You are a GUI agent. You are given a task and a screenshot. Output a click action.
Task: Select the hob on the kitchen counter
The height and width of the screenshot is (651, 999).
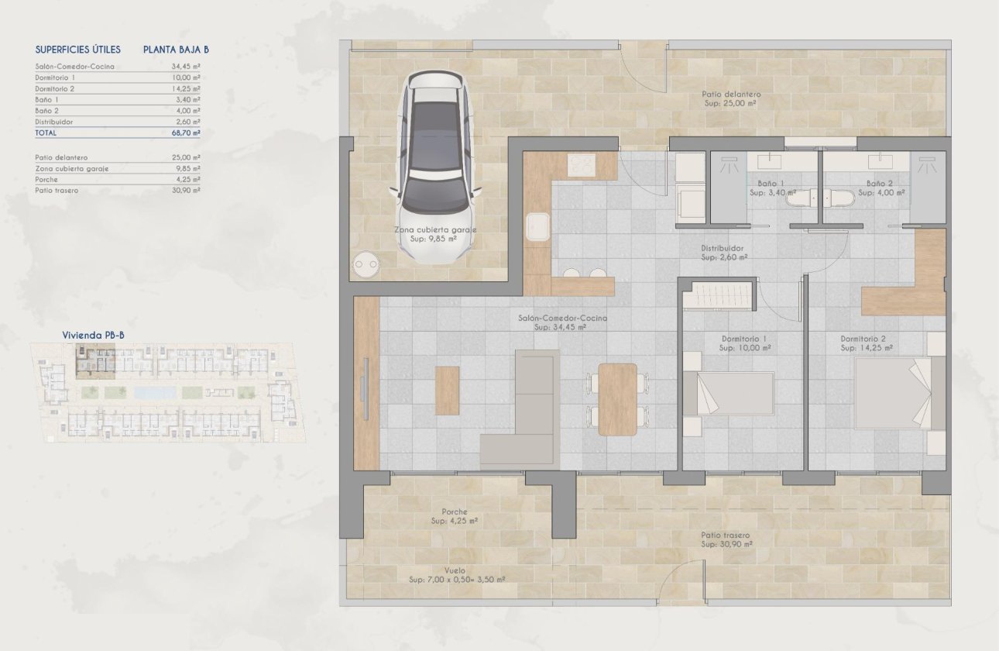(581, 165)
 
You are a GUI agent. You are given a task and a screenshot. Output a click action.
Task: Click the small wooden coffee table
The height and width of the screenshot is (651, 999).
(448, 390)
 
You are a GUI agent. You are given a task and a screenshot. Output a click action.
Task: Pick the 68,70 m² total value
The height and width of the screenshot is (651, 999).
(185, 133)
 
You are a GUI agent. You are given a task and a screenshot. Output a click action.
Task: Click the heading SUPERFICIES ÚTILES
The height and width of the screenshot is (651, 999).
(78, 50)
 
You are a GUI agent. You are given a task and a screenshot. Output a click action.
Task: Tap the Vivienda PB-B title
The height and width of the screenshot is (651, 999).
(93, 335)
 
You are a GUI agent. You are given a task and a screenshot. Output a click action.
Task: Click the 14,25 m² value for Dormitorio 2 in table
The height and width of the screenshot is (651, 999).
(185, 89)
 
